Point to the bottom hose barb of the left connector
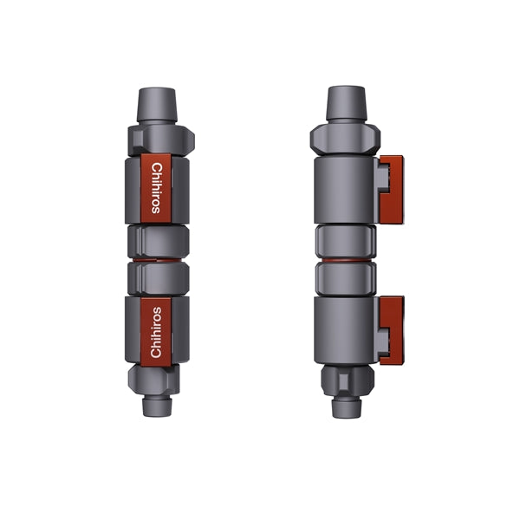157,404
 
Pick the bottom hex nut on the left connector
154,377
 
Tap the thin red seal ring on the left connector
157,257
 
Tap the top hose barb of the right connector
346,103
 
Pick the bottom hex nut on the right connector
346,378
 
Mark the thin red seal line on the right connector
346,257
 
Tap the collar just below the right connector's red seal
346,277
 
